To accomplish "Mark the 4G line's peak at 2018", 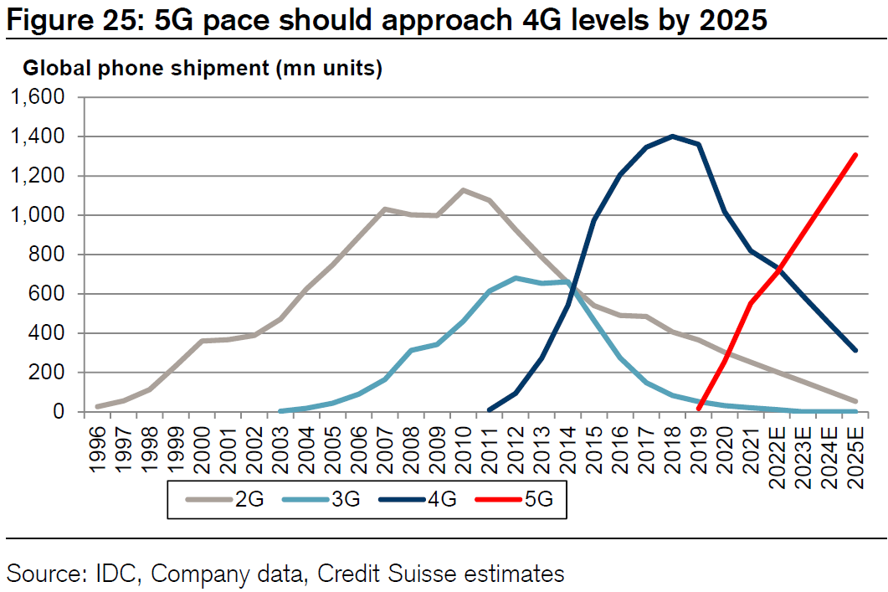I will tap(672, 136).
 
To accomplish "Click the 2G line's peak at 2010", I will tap(463, 190).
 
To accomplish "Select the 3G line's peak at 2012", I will tap(516, 278).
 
